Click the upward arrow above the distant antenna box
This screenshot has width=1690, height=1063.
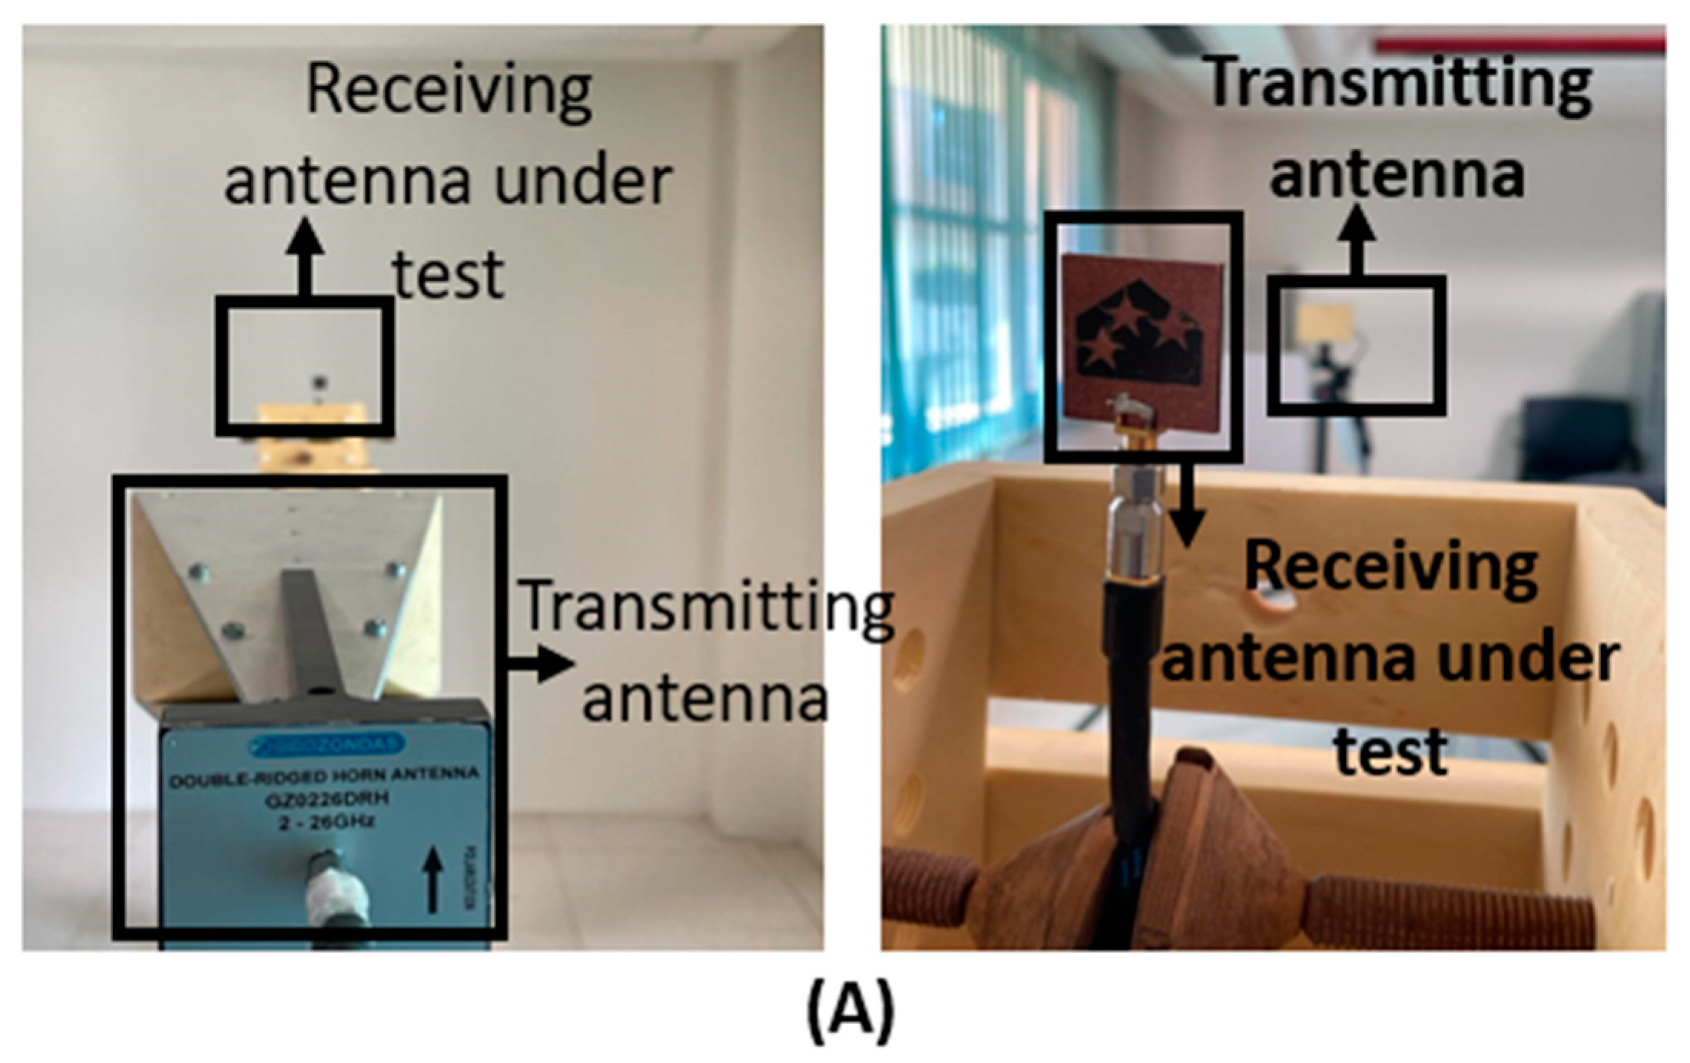tap(1358, 238)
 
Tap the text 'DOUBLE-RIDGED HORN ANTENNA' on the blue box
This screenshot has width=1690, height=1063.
tap(324, 777)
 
